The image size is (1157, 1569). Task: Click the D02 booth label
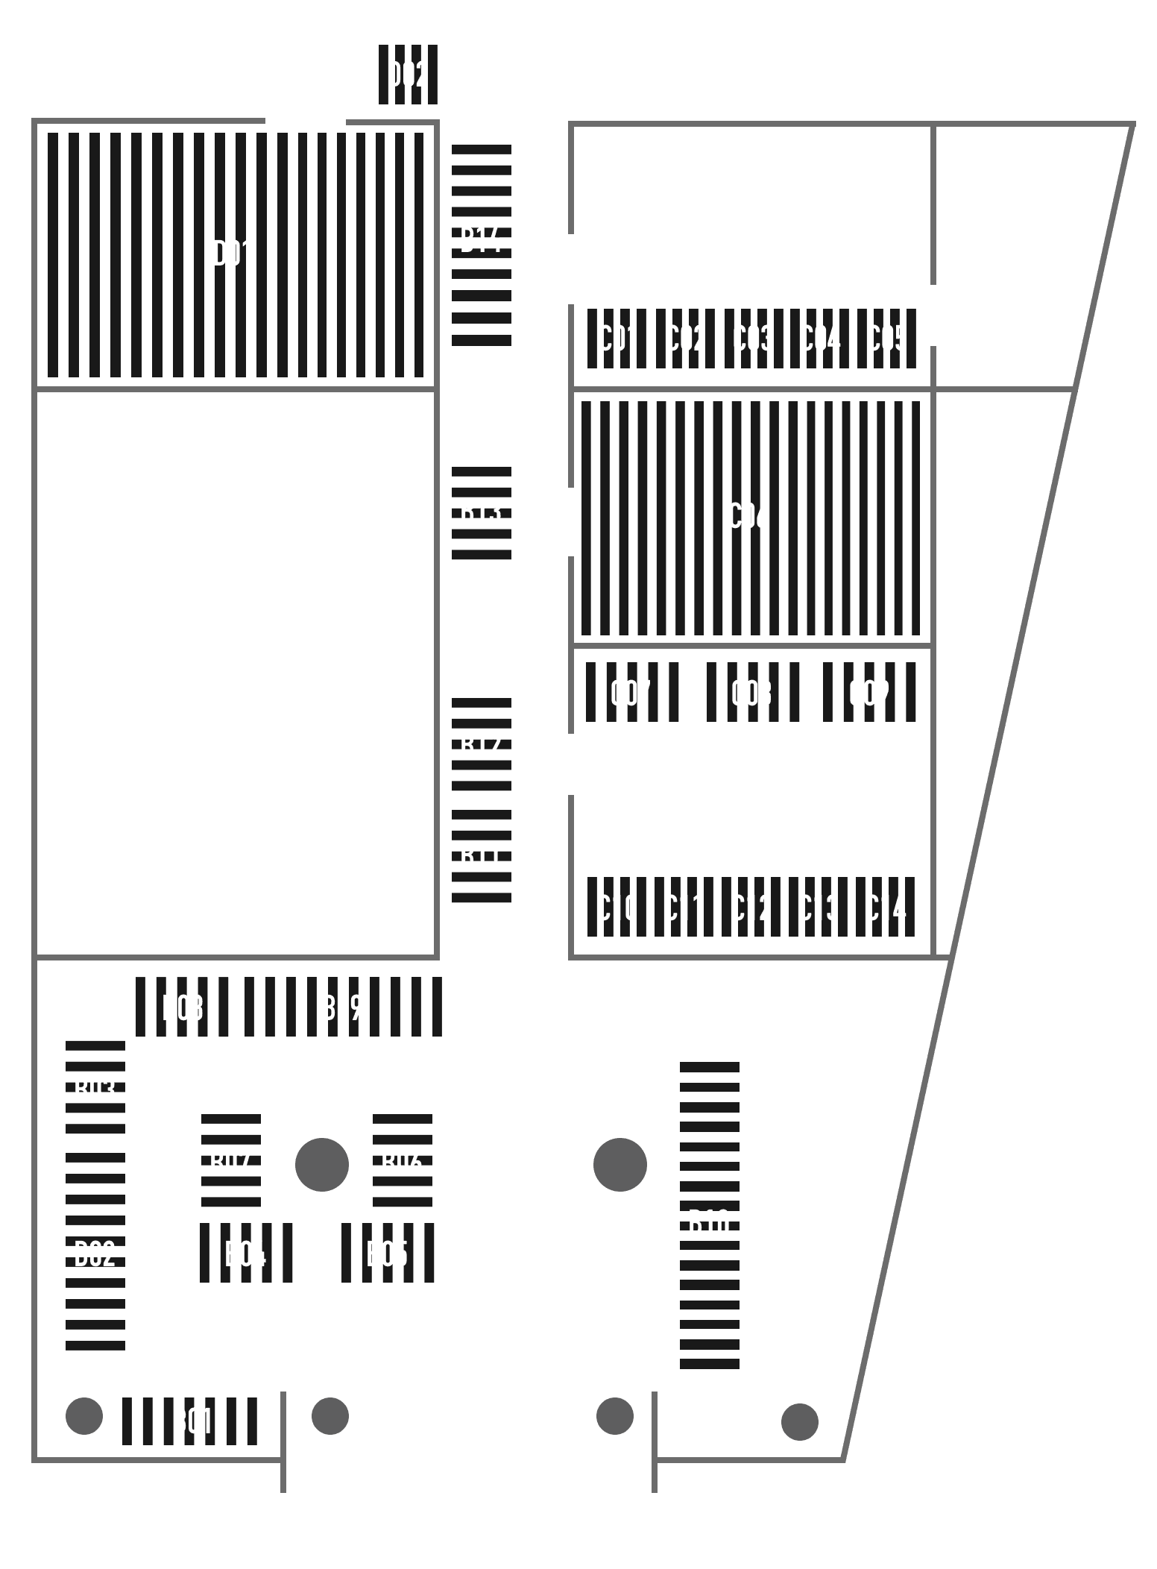coord(408,75)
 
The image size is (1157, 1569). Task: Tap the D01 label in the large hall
coord(233,254)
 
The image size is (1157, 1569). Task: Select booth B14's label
coord(481,240)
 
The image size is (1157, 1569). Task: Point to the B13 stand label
coord(481,512)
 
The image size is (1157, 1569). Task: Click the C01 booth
coord(617,339)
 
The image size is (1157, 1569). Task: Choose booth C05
coord(886,339)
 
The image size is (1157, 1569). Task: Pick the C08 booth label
coord(751,694)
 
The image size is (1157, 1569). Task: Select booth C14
coord(886,908)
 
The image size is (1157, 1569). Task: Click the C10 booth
coord(617,908)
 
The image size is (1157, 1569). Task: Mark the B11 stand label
coord(481,856)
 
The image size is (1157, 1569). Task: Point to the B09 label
coord(342,1008)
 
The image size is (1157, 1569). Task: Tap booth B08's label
coord(183,1008)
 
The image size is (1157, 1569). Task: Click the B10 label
coord(709,1223)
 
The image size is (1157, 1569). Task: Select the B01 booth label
coord(192,1421)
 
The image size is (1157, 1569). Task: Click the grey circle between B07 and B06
coord(322,1164)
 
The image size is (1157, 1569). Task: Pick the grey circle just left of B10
coord(620,1164)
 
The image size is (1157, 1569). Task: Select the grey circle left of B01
coord(84,1415)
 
